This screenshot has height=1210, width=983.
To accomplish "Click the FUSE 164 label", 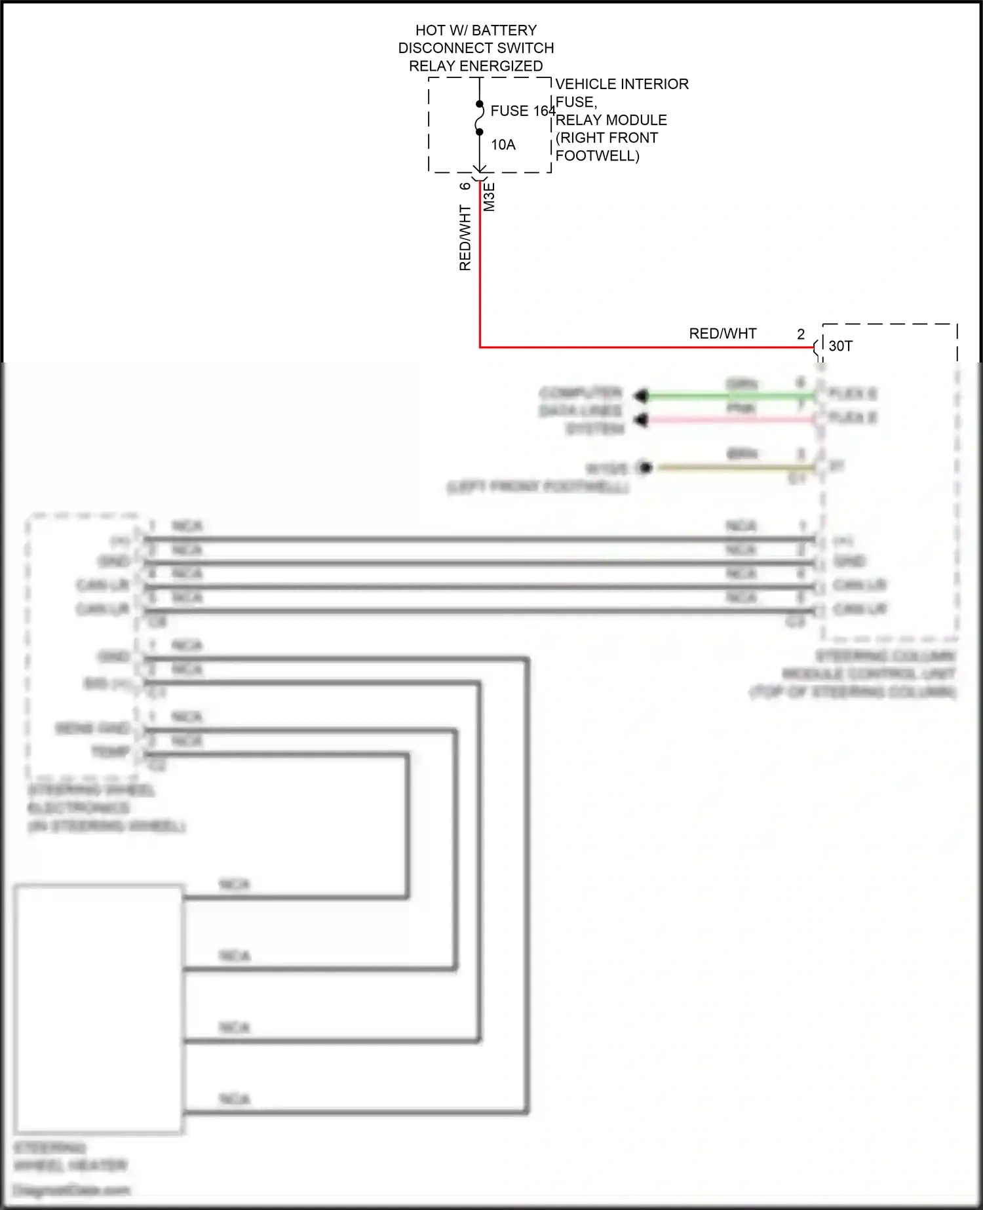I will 522,111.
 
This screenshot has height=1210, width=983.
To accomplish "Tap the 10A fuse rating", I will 503,145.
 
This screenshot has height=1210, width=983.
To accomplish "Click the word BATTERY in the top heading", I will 504,30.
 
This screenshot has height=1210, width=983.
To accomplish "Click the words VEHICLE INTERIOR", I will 622,84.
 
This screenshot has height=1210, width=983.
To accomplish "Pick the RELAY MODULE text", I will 611,120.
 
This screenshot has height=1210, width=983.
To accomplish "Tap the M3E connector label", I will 490,197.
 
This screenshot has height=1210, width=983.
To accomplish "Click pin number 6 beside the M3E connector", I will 465,186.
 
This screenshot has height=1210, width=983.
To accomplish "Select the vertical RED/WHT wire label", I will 465,237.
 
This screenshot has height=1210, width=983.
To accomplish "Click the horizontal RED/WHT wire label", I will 722,334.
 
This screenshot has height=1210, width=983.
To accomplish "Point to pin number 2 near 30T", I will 801,334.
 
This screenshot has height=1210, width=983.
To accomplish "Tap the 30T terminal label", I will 840,346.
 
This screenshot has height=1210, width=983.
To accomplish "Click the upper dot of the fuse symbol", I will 480,104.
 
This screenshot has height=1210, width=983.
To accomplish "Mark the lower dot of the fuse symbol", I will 480,132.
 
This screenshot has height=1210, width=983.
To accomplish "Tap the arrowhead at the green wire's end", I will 642,395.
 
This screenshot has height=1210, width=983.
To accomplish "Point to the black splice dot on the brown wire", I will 646,467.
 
